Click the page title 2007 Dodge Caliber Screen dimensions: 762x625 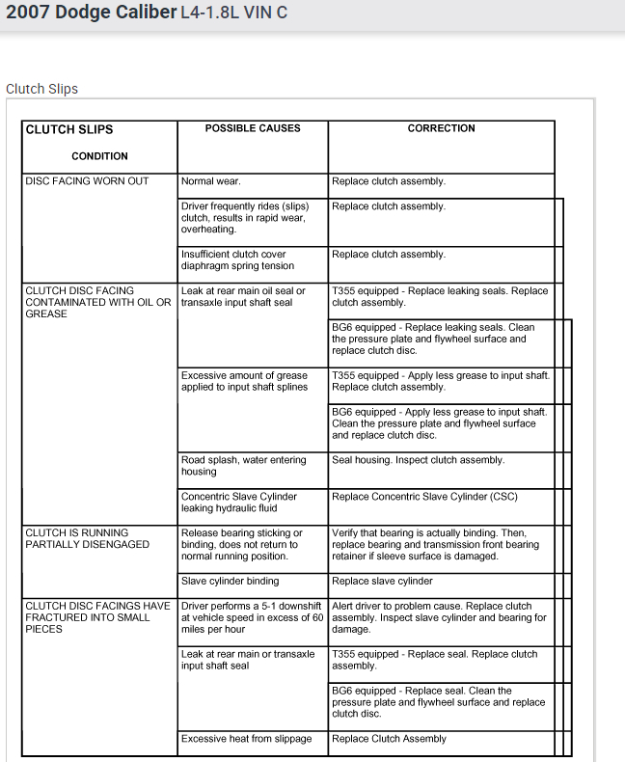point(91,14)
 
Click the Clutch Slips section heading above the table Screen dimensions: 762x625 point(41,89)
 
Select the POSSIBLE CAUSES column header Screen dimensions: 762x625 point(253,128)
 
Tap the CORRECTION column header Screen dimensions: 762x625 point(441,128)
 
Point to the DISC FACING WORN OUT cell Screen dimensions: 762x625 point(87,181)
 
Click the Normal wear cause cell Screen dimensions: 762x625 point(211,181)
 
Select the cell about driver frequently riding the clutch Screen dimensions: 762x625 point(245,218)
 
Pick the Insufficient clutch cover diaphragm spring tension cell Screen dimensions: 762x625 point(237,260)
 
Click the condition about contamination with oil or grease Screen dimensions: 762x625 point(97,302)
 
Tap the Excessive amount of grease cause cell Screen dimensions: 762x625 point(244,381)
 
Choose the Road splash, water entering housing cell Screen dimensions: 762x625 point(243,466)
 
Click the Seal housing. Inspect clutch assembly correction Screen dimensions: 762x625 point(418,460)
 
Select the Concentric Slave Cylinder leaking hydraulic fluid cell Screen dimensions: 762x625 point(239,503)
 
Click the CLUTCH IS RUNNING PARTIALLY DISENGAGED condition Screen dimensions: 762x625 point(88,538)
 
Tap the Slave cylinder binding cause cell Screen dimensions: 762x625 point(230,582)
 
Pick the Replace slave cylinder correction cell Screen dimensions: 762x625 point(382,582)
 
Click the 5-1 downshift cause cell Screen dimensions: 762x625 point(252,617)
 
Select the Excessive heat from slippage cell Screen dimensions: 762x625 point(246,739)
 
